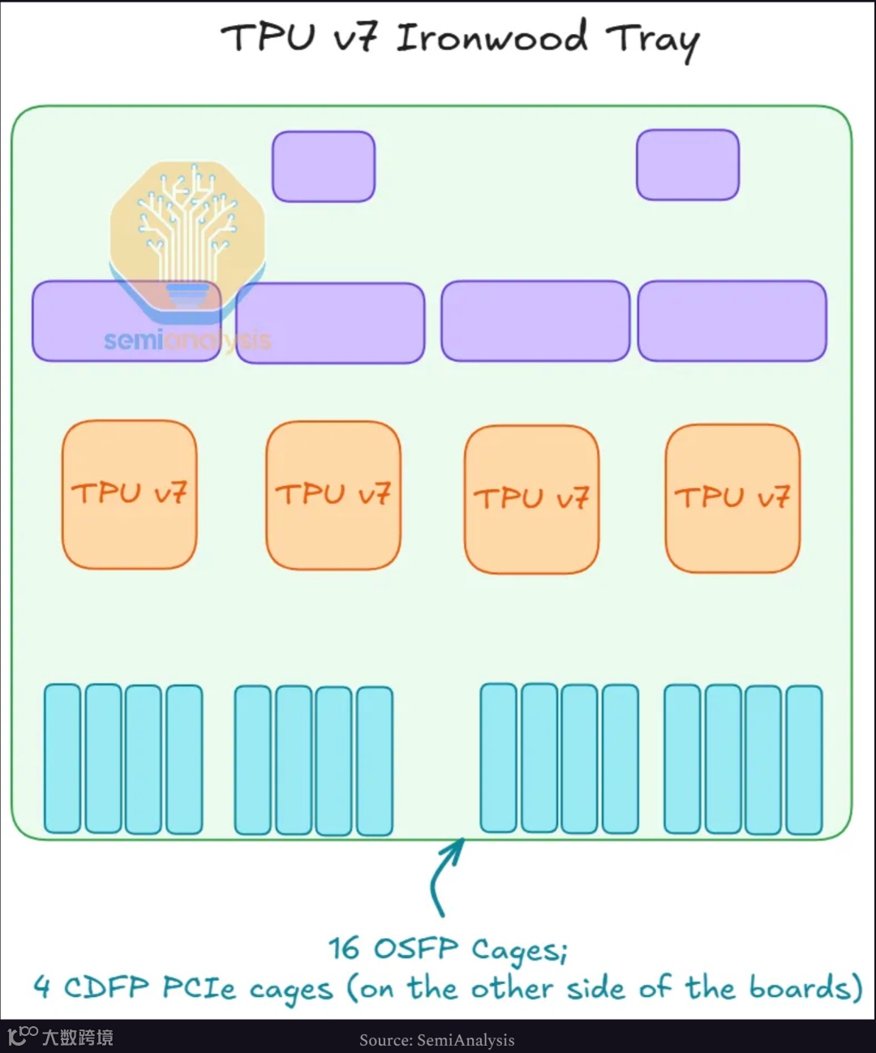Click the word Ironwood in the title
(492, 38)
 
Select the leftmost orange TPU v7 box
(129, 494)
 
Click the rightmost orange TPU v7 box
(732, 498)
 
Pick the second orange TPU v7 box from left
(333, 495)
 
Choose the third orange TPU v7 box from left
(531, 499)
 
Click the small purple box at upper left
(324, 166)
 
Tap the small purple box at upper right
(688, 165)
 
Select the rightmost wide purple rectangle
(732, 321)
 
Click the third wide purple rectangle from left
(535, 321)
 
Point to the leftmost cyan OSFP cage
(62, 759)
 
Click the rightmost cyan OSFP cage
(804, 760)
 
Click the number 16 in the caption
(344, 948)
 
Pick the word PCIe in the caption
(199, 988)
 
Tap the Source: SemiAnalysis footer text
(437, 1040)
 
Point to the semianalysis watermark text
(187, 340)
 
